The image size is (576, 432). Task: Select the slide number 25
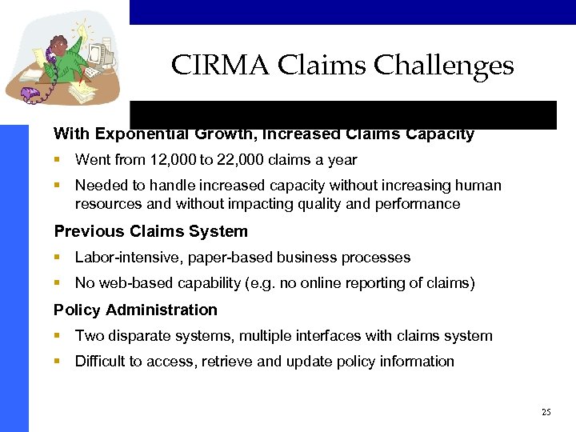pos(546,412)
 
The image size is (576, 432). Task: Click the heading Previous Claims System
pos(150,231)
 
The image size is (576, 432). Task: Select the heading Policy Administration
pos(135,310)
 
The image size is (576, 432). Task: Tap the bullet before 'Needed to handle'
pos(58,186)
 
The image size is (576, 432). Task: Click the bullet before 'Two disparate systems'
pos(58,336)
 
